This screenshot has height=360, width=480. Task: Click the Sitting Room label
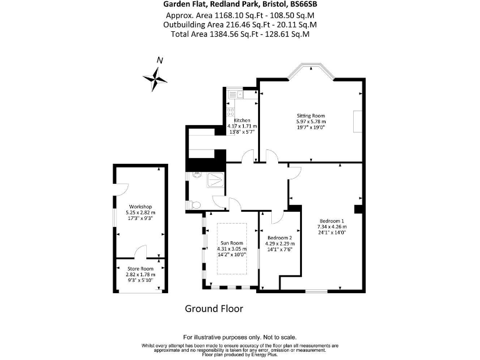coord(311,116)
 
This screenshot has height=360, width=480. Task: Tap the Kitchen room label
coord(242,120)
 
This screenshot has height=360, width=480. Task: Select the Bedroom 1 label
coord(332,221)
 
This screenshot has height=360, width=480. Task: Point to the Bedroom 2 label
coord(279,238)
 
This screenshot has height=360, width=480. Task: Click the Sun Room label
coord(231,242)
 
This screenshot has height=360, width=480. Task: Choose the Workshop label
coord(141,206)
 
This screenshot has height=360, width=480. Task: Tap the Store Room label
coord(141,268)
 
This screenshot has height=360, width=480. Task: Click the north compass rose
coord(155,77)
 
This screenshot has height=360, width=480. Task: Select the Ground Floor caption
coord(214,309)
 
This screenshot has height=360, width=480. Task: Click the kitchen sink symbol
coord(234,95)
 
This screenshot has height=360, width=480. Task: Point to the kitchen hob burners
coord(230,112)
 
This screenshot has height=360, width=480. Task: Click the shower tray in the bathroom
coord(213,181)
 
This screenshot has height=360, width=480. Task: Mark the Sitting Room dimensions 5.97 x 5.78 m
coord(311,121)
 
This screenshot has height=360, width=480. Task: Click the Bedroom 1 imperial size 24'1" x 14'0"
coord(332,232)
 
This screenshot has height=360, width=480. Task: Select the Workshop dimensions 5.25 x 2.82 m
coord(141,212)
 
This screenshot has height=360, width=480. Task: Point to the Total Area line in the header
coord(240,34)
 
